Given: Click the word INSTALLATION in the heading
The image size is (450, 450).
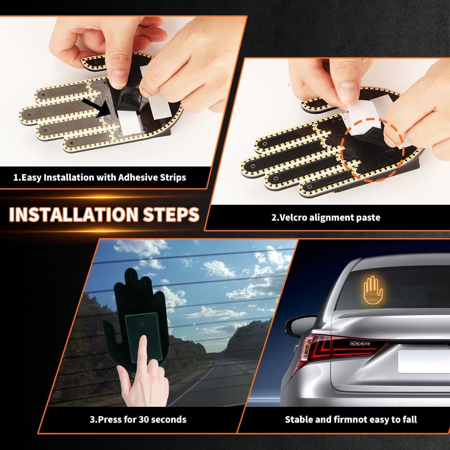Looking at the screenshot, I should [x=73, y=215].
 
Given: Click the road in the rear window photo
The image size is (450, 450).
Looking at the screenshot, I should [x=211, y=387].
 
